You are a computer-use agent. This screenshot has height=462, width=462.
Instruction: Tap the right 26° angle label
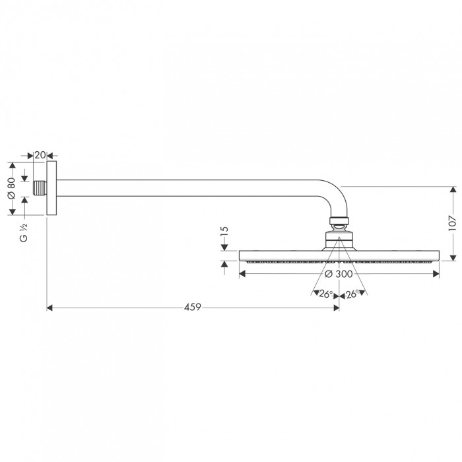tap(352, 294)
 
